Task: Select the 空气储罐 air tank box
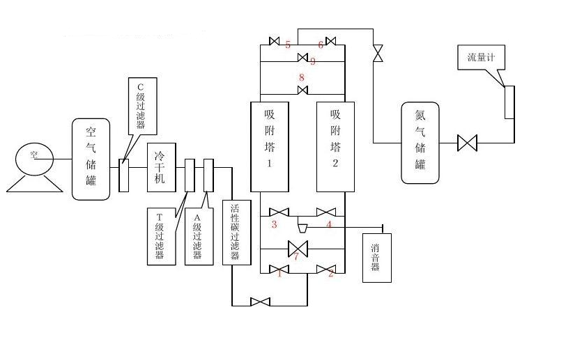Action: pyautogui.click(x=91, y=159)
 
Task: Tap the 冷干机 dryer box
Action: pyautogui.click(x=161, y=167)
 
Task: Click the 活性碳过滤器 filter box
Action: pyautogui.click(x=236, y=232)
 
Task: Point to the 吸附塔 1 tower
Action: pyautogui.click(x=270, y=146)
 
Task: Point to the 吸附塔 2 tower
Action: pyautogui.click(x=335, y=146)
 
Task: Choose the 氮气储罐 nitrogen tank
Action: pyautogui.click(x=420, y=142)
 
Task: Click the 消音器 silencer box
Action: pyautogui.click(x=376, y=257)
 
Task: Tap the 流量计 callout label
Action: pyautogui.click(x=482, y=57)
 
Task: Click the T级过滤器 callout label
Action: pyautogui.click(x=160, y=236)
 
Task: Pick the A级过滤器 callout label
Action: pyautogui.click(x=198, y=236)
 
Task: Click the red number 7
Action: pyautogui.click(x=296, y=258)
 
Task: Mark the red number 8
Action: pyautogui.click(x=301, y=77)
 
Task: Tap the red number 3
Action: pyautogui.click(x=275, y=224)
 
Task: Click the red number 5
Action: pyautogui.click(x=288, y=45)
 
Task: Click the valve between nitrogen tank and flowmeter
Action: pyautogui.click(x=467, y=143)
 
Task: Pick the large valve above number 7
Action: pyautogui.click(x=298, y=248)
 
